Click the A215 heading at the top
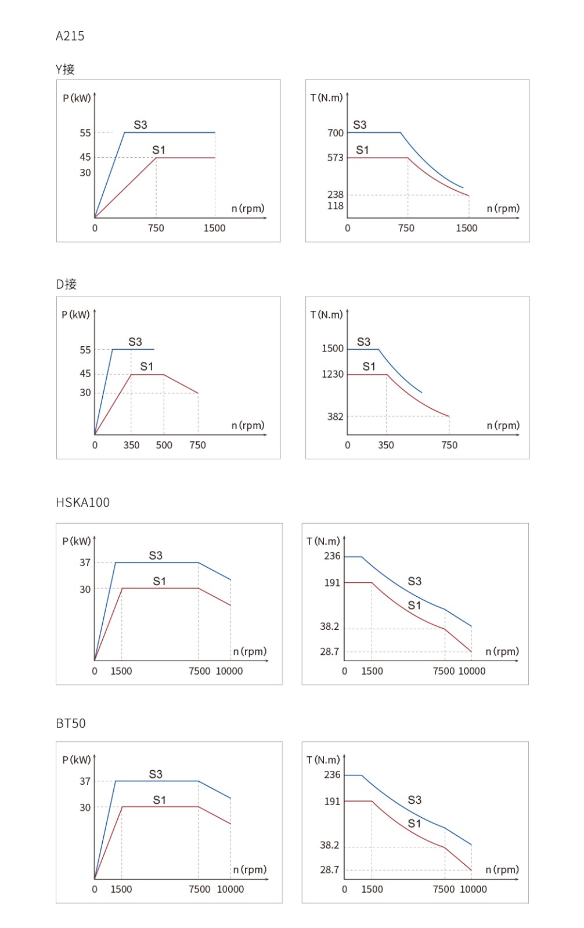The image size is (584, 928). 70,36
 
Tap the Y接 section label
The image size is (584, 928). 65,70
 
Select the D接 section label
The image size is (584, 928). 66,284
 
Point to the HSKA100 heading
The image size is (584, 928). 82,502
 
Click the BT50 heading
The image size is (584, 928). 71,723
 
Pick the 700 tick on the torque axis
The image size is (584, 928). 336,133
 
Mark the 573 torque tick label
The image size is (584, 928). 336,158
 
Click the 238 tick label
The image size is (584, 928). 336,195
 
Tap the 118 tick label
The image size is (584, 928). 336,206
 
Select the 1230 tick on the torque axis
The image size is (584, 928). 333,374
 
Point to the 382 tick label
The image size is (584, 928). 336,416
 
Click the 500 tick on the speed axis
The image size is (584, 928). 164,445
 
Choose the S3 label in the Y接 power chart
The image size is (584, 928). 140,125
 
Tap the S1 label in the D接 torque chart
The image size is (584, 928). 369,367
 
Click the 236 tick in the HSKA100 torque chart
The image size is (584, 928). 332,556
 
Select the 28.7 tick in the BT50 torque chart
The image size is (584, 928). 329,870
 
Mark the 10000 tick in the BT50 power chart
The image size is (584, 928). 230,889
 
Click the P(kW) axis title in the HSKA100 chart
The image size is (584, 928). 77,541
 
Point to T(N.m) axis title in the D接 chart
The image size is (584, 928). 326,314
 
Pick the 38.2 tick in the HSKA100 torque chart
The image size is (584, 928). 329,626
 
